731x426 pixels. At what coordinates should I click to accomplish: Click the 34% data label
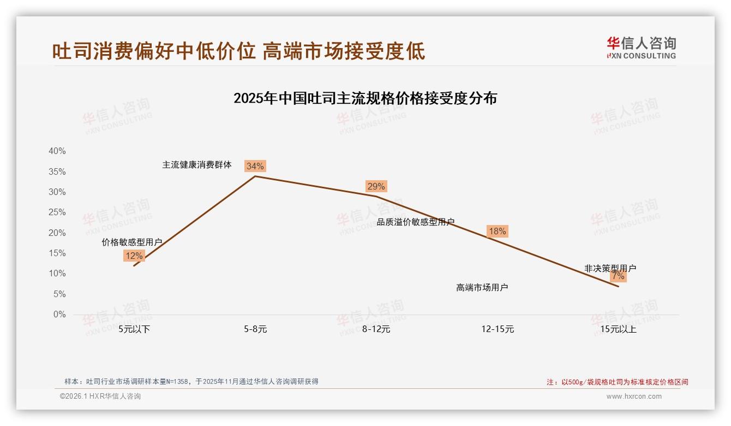pos(255,166)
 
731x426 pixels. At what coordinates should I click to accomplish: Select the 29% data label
pos(376,186)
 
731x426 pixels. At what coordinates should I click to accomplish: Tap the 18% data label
pos(497,231)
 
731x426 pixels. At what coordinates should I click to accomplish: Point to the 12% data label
pos(134,256)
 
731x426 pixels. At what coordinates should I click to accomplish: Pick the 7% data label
pos(618,276)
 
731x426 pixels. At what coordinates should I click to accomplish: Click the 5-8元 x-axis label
pos(255,329)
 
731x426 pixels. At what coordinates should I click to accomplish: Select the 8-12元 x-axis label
pos(376,329)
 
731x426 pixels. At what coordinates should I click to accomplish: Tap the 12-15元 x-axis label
pos(498,329)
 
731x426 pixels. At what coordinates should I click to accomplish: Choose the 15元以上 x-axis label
pos(619,329)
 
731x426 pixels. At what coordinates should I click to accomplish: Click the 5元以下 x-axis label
pos(134,329)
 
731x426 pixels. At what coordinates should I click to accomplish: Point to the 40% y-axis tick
pos(57,151)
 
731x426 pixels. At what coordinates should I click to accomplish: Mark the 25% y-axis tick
pos(57,212)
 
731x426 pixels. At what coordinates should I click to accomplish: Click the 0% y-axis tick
pos(59,315)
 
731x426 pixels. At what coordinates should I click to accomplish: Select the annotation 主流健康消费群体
pos(197,164)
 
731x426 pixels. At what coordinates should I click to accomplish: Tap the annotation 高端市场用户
pos(482,287)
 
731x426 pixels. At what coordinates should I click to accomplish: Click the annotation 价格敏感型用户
pos(132,242)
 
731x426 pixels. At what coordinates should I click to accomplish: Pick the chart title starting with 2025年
pos(365,98)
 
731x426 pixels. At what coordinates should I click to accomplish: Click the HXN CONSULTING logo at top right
pos(641,48)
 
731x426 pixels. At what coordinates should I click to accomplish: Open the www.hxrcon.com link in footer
pos(634,397)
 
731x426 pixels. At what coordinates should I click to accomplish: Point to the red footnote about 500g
pos(618,382)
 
